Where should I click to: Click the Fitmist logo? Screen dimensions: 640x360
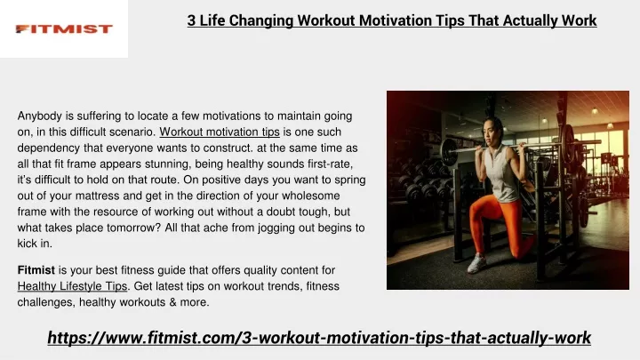click(x=64, y=29)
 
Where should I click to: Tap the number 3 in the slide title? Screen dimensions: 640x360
click(x=191, y=20)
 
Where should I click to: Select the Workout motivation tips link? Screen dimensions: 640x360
click(x=220, y=132)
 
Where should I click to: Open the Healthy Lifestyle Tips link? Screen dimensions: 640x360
click(x=72, y=286)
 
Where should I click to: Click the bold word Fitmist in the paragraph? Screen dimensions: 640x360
click(x=36, y=270)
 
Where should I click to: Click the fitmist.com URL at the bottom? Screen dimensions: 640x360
click(x=319, y=338)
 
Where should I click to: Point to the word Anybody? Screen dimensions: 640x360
click(x=40, y=116)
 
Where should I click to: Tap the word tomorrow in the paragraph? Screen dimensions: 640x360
click(x=134, y=228)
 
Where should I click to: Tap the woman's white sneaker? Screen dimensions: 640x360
click(x=476, y=263)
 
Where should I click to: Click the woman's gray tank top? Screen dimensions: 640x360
click(x=500, y=173)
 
